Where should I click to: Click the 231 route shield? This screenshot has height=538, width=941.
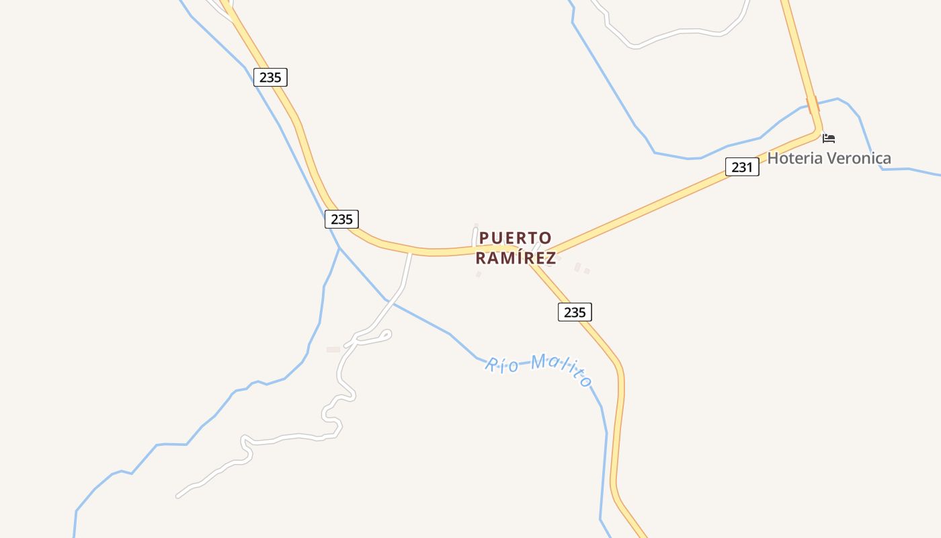click(x=742, y=167)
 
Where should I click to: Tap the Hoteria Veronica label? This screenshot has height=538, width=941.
click(x=829, y=159)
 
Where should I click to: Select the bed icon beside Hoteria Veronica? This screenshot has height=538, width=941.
click(x=829, y=138)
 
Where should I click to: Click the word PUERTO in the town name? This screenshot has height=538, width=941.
click(x=516, y=238)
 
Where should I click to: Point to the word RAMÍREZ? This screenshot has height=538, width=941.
click(x=516, y=258)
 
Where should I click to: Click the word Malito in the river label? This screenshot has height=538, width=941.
click(x=560, y=370)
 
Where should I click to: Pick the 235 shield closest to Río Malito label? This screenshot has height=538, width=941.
click(x=575, y=312)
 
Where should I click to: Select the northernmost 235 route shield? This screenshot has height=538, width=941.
click(x=270, y=77)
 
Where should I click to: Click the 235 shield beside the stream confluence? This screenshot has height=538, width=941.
click(x=341, y=219)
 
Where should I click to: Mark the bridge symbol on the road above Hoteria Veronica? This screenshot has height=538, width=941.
click(x=813, y=106)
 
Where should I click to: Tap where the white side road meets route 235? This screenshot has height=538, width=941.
click(x=410, y=253)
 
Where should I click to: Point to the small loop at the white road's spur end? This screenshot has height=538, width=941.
click(x=386, y=333)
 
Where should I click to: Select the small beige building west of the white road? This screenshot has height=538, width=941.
click(x=333, y=350)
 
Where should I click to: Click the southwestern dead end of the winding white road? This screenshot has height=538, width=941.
click(x=178, y=496)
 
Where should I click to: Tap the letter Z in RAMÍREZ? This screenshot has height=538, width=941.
click(x=551, y=258)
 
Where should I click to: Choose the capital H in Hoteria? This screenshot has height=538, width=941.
click(x=773, y=159)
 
